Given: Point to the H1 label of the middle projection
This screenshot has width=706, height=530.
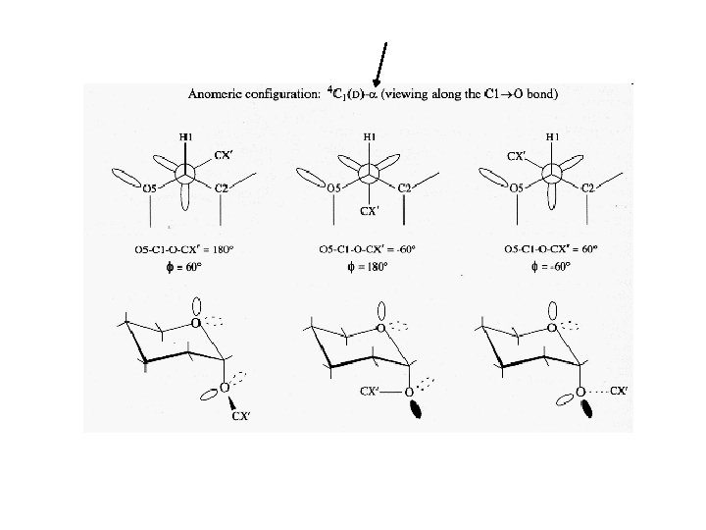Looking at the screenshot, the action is pos(370,137).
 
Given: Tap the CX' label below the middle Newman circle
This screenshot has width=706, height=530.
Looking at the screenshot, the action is pos(370,211).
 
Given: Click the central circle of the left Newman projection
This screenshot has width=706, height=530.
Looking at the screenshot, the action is pos(185,174).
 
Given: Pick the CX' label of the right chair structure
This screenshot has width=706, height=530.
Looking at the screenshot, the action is pos(618,391).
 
